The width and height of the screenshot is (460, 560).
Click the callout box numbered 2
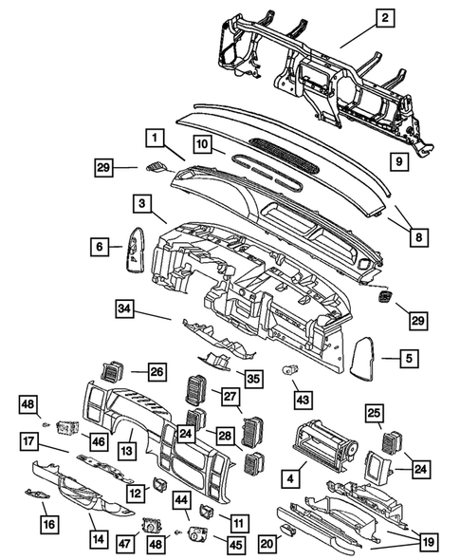tap(385, 17)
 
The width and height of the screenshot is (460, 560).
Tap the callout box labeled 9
tap(400, 162)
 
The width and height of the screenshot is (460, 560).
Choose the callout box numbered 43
tap(303, 398)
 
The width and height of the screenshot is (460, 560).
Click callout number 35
tap(252, 377)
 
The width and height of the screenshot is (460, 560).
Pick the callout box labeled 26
tap(156, 371)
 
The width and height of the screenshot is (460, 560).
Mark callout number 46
tap(98, 439)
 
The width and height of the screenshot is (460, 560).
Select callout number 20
tap(267, 544)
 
